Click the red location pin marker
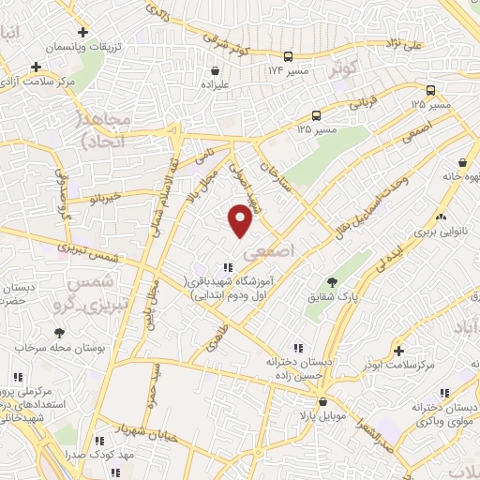[241, 219]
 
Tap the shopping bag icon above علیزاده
[217, 69]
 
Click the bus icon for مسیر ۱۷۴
[288, 55]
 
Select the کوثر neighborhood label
[344, 68]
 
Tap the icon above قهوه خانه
[462, 161]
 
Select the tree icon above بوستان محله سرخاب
[60, 332]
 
